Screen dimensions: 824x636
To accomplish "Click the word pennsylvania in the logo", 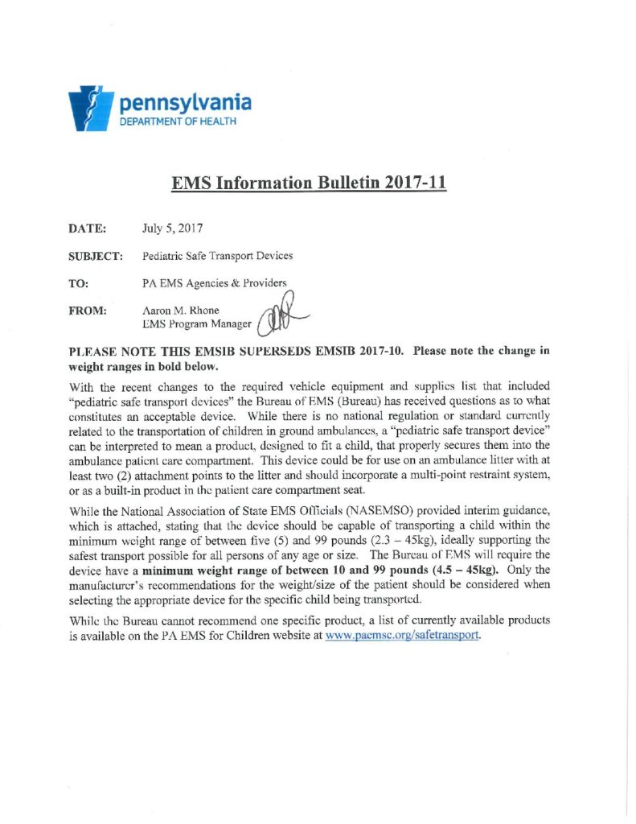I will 185,103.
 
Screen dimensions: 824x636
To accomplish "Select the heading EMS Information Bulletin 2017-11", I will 309,183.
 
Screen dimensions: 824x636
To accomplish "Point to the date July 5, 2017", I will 172,229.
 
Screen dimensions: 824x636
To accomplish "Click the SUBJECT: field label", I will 96,256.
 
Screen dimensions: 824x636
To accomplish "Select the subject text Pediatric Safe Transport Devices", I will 217,256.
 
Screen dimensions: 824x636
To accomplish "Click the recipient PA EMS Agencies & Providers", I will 214,283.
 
